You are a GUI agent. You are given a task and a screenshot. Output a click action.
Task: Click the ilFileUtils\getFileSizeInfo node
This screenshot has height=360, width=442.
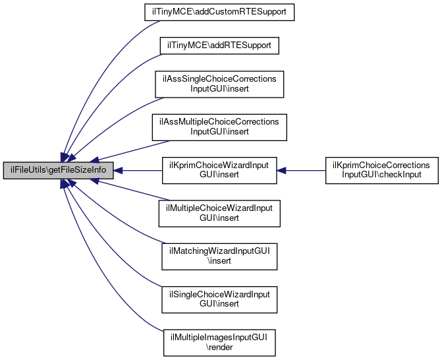click(59, 170)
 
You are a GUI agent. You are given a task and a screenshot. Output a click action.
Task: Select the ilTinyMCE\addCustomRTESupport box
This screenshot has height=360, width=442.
click(219, 12)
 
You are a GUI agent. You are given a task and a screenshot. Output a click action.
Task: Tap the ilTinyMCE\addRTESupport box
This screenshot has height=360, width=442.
click(219, 45)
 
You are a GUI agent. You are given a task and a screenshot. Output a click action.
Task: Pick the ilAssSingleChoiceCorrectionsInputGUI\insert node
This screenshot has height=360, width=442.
click(219, 84)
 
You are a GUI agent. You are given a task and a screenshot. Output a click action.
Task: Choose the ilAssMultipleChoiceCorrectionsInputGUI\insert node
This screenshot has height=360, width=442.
click(219, 127)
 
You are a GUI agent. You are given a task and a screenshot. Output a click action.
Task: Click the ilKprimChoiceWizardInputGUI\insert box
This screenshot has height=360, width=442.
click(219, 170)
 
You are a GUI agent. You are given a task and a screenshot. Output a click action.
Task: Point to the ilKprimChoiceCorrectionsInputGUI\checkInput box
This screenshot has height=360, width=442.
click(381, 170)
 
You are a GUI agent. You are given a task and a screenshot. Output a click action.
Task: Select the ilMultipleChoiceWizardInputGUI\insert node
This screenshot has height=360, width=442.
click(219, 214)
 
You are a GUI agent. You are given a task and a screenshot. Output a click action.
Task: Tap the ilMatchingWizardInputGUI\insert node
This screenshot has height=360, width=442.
click(219, 256)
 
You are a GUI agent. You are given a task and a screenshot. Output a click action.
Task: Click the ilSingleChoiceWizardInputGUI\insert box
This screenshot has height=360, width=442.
click(219, 299)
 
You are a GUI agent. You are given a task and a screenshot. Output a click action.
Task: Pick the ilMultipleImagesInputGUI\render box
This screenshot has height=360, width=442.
click(219, 342)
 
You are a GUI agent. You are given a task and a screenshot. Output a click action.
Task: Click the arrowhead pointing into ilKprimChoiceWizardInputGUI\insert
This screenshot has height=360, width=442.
click(281, 170)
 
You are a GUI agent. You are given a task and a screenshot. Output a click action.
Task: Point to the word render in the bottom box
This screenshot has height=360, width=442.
click(219, 347)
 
